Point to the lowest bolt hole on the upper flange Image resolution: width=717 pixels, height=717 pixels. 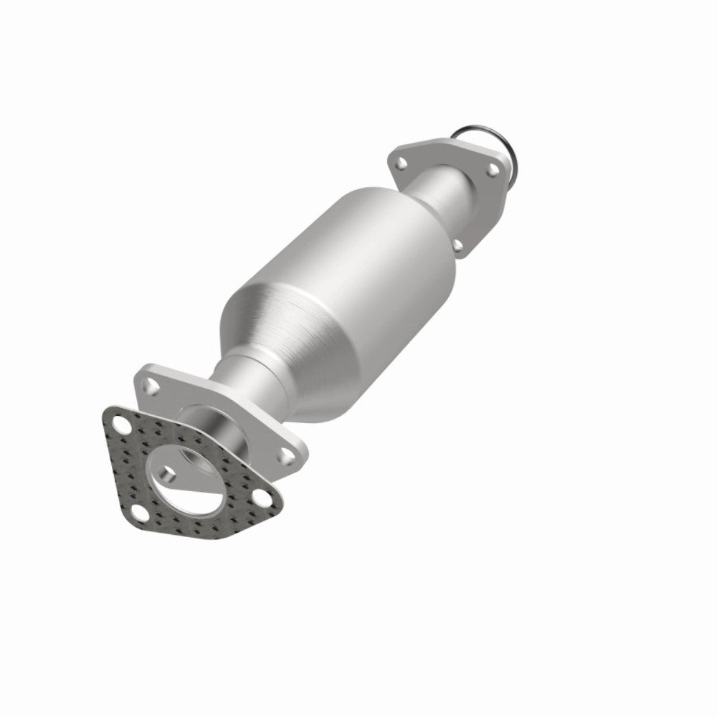pyautogui.click(x=457, y=245)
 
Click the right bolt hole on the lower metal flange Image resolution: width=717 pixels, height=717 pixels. pyautogui.click(x=288, y=453)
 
